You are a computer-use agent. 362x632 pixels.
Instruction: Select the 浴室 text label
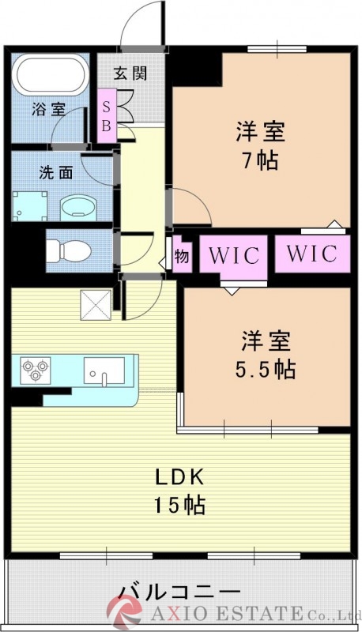[x=48, y=110]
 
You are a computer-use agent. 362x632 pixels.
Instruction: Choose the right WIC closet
[x=311, y=254]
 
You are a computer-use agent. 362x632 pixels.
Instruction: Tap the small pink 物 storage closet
[x=181, y=255]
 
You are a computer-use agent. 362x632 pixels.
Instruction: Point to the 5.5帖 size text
[x=266, y=368]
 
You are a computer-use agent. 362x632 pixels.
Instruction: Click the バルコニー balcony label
[x=179, y=592]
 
